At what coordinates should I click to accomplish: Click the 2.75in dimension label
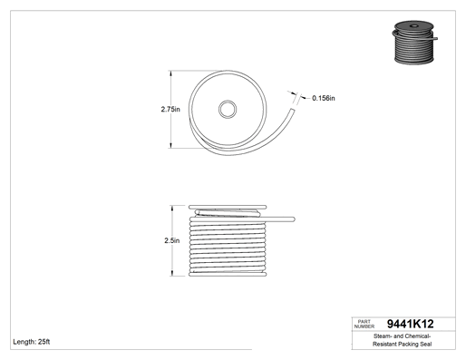[x=170, y=109]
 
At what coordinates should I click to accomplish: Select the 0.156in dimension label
[x=324, y=98]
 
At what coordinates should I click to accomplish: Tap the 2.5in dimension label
[x=172, y=240]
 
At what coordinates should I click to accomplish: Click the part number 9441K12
[x=410, y=324]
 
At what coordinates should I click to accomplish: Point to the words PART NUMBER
[x=364, y=324]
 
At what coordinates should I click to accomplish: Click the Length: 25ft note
[x=32, y=342]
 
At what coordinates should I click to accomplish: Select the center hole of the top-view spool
[x=228, y=109]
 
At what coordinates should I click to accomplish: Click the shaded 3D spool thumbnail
[x=414, y=43]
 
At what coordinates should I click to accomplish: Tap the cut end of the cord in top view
[x=292, y=110]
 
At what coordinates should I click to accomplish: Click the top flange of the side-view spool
[x=228, y=207]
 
